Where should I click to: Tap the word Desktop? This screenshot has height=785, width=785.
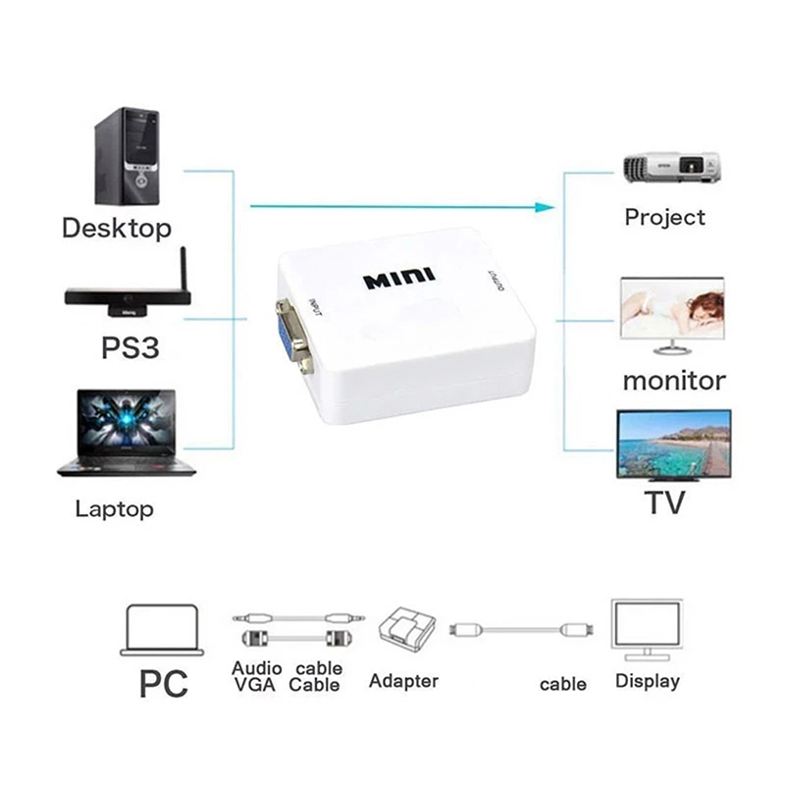pos(117,229)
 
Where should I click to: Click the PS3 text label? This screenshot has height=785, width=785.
pos(131,349)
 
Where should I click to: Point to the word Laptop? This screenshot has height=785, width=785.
pos(114,509)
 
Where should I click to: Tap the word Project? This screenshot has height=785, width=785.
pos(665,217)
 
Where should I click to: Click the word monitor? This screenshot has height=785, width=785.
pos(674,380)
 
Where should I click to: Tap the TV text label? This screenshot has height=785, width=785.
pos(664,502)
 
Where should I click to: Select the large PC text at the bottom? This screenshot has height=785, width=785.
pos(163,682)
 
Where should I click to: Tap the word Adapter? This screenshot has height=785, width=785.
pos(403,680)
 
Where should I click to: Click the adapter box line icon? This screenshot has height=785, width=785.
pos(404,632)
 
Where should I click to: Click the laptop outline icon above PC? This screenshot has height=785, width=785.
pos(163,629)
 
